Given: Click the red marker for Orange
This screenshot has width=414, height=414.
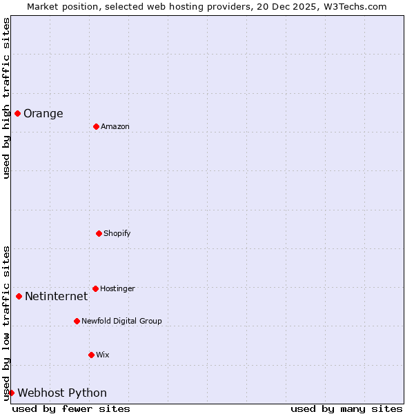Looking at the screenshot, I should (x=17, y=113).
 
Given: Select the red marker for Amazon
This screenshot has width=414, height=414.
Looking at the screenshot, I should (x=96, y=126).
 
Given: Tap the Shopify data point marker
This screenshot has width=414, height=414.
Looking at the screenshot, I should (x=99, y=233).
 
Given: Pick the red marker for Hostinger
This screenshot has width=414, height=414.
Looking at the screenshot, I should (x=95, y=288).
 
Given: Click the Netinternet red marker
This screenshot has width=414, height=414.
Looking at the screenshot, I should (x=19, y=296).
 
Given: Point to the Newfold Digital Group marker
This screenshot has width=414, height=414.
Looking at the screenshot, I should (x=77, y=321).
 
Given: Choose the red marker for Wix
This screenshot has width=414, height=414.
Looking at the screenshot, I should (x=91, y=355).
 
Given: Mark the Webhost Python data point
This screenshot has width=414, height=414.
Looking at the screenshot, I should (x=11, y=393).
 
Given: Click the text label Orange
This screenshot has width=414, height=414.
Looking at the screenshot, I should (x=43, y=114).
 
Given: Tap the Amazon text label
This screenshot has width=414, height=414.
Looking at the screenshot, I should (x=115, y=127).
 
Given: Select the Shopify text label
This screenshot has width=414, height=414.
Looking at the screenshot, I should (x=117, y=234).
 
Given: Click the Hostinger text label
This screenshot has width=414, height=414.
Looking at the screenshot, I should (x=117, y=289).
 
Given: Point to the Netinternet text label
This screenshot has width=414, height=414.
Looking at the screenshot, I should (x=57, y=297).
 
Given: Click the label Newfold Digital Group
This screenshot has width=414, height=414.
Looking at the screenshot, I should (x=121, y=322).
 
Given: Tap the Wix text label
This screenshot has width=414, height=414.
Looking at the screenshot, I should (x=103, y=355).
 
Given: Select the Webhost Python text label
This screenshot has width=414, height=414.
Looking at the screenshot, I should (x=62, y=393).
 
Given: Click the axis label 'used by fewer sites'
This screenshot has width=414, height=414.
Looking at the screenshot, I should (x=71, y=408).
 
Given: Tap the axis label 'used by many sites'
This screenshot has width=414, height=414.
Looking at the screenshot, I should (x=346, y=408).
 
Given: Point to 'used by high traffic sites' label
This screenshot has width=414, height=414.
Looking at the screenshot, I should (x=6, y=98).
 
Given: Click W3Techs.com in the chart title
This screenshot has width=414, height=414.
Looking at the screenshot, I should (x=355, y=6).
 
